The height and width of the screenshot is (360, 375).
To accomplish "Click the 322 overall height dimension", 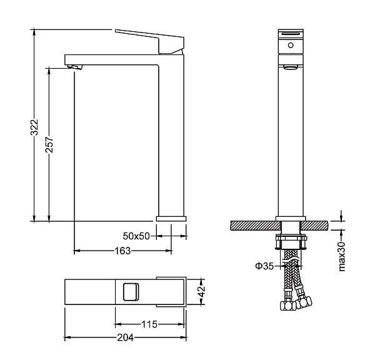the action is click(x=34, y=127).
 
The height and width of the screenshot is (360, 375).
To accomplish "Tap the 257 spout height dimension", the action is click(x=49, y=144).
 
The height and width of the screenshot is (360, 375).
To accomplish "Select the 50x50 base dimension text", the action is click(x=136, y=236).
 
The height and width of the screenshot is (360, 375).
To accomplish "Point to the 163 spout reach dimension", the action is click(x=122, y=251).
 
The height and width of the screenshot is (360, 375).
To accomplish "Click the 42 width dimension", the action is click(x=202, y=291).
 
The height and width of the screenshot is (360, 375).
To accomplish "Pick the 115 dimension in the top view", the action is click(x=149, y=324).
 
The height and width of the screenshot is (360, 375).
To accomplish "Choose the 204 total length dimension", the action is click(x=126, y=337).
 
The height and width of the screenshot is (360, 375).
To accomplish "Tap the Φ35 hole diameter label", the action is click(x=264, y=266).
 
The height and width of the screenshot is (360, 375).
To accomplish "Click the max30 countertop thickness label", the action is click(x=342, y=256).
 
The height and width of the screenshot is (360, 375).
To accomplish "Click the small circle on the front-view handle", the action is click(x=291, y=45).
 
